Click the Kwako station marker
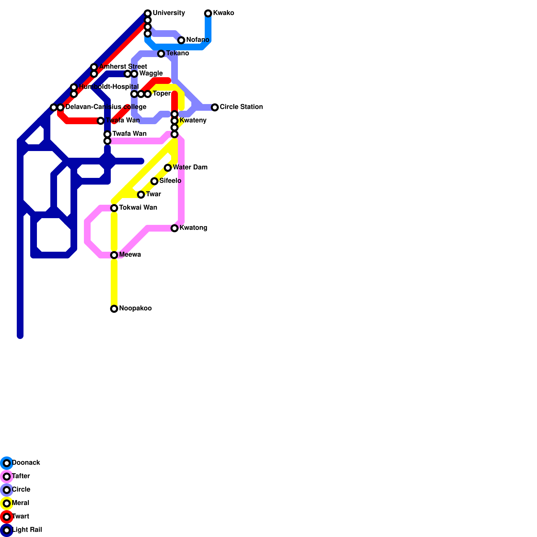pyautogui.click(x=208, y=13)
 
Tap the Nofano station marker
pyautogui.click(x=181, y=40)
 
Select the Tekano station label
pyautogui.click(x=177, y=53)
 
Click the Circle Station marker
pyautogui.click(x=215, y=107)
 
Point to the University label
pyautogui.click(x=168, y=13)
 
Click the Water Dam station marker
pyautogui.click(x=168, y=168)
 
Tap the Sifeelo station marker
pyautogui.click(x=154, y=181)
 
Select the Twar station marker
pyautogui.click(x=141, y=195)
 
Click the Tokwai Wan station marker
pyautogui.click(x=114, y=208)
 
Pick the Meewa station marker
pyautogui.click(x=114, y=255)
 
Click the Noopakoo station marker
pyautogui.click(x=114, y=309)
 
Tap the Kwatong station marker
pyautogui.click(x=175, y=228)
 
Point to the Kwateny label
pyautogui.click(x=193, y=120)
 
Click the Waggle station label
pyautogui.click(x=151, y=74)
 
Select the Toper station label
pyautogui.click(x=161, y=94)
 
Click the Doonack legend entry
pyautogui.click(x=26, y=463)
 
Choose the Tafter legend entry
pyautogui.click(x=20, y=476)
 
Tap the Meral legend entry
pyautogui.click(x=20, y=503)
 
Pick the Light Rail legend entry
pyautogui.click(x=27, y=530)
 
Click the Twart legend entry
pyautogui.click(x=20, y=517)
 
